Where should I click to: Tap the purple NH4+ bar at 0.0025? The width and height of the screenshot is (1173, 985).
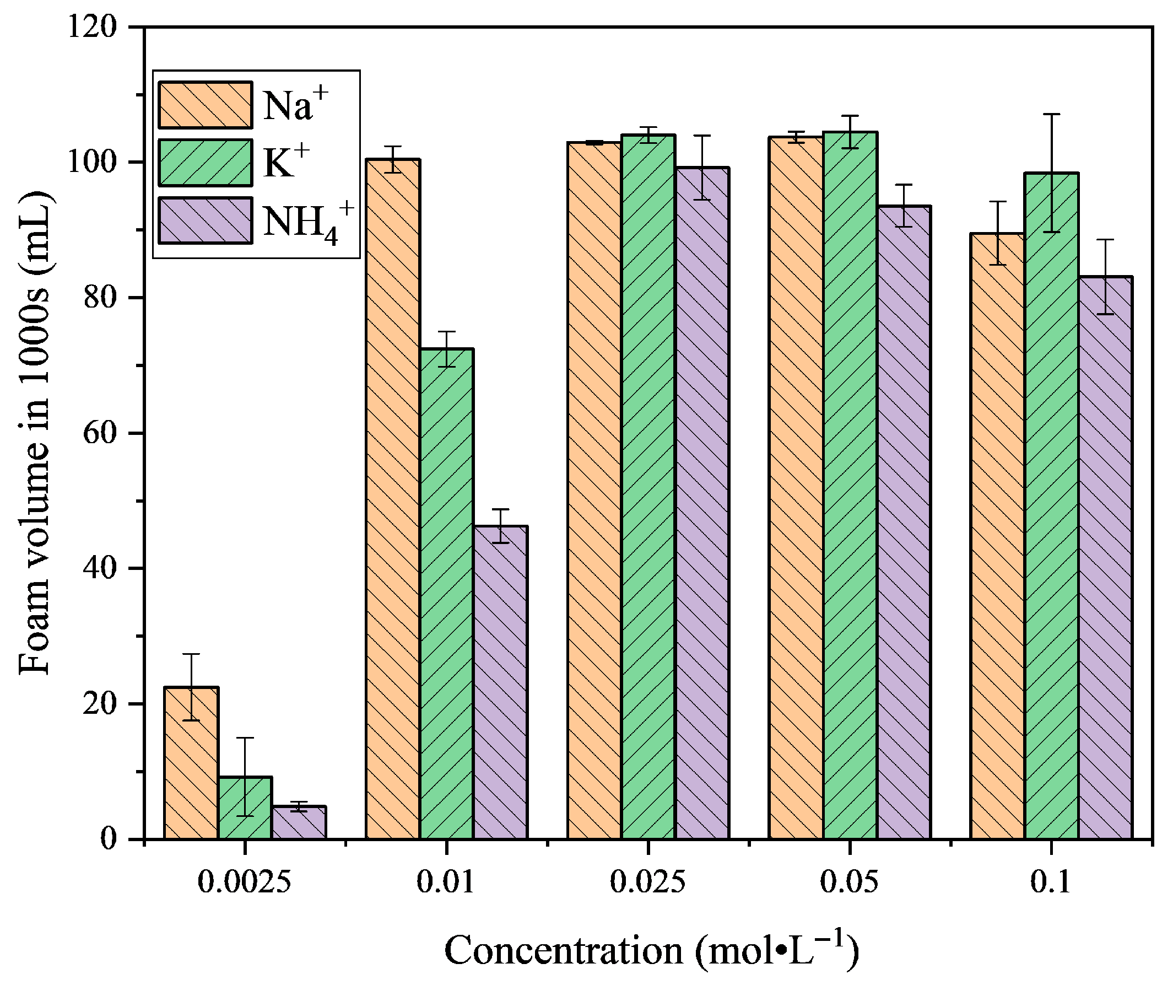[x=299, y=823]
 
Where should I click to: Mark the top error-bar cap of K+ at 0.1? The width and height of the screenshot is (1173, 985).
[x=1052, y=115]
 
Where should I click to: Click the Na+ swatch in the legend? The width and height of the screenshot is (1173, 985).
[x=205, y=105]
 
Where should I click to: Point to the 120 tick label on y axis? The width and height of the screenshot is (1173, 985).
[x=92, y=27]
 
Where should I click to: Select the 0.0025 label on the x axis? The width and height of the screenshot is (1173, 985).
[x=245, y=884]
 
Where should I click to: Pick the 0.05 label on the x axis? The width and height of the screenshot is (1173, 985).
[x=850, y=884]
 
